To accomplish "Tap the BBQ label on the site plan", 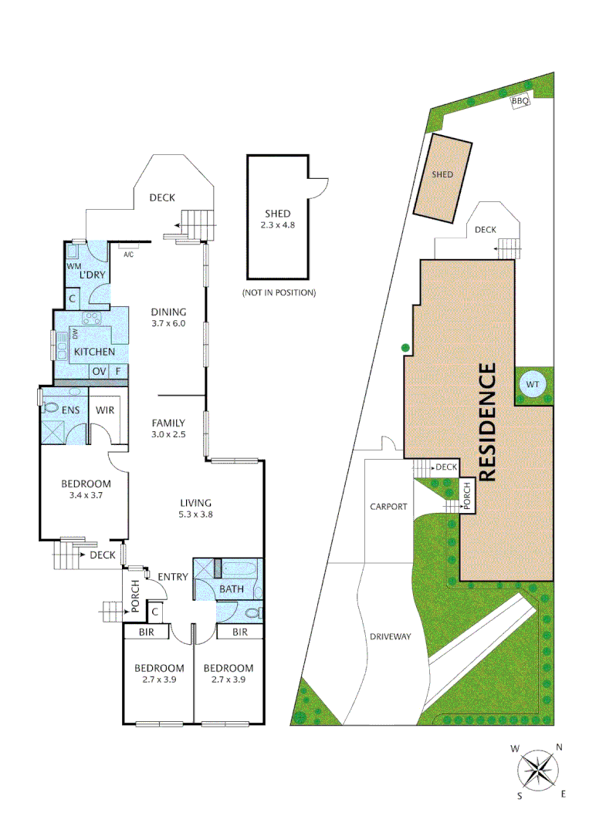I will coord(519,101).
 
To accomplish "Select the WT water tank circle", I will coord(533,385).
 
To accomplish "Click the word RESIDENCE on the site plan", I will coord(487,423).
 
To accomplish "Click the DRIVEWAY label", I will coord(390,636).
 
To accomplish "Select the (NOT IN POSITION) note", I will coord(279,293).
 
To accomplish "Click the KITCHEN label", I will coord(94,352).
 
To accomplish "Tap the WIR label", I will coord(105,410).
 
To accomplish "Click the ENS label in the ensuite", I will coord(71,410).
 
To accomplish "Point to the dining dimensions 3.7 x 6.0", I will coord(169,323).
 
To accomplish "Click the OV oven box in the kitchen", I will coord(99,372).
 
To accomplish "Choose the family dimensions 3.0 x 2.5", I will coord(168,434).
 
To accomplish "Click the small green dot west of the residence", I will coord(404,348).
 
